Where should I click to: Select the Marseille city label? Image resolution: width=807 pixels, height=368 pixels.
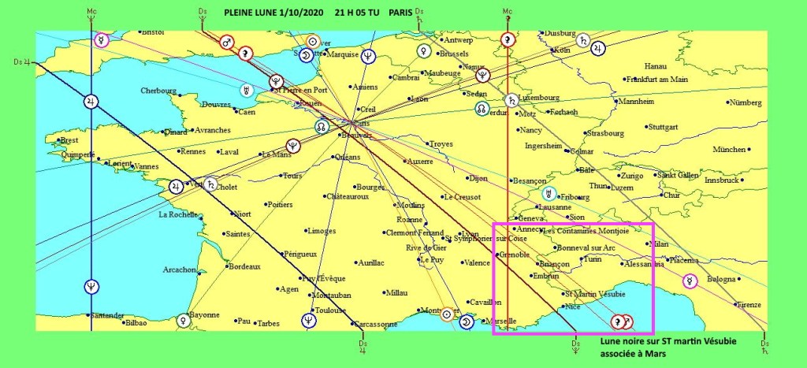[501, 321]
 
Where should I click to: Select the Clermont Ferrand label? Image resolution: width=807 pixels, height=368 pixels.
[414, 232]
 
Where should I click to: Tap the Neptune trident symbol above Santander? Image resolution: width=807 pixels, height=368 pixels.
[91, 286]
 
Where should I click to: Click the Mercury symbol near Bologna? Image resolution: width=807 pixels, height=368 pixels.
[690, 281]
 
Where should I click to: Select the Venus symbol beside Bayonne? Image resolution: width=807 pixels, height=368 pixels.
[184, 320]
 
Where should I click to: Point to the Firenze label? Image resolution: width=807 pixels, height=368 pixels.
[749, 304]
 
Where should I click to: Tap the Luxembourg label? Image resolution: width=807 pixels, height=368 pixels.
[539, 98]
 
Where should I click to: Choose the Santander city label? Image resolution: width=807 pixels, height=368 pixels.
[69, 315]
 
